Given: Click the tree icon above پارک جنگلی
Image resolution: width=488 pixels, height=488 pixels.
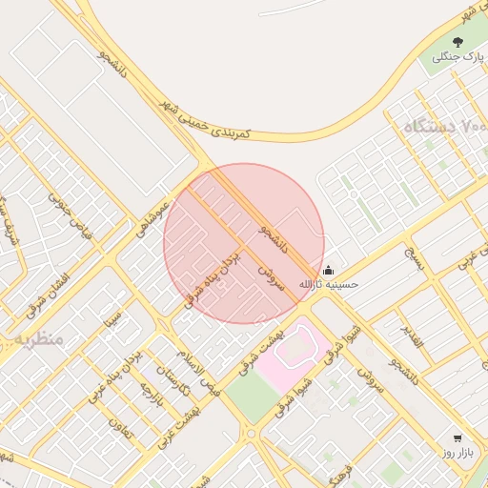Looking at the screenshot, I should pyautogui.click(x=457, y=42).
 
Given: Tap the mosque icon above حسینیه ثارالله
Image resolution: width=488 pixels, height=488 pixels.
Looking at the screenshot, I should pyautogui.click(x=329, y=270).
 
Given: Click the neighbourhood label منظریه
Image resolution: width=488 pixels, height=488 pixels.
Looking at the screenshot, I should pyautogui.click(x=36, y=338).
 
